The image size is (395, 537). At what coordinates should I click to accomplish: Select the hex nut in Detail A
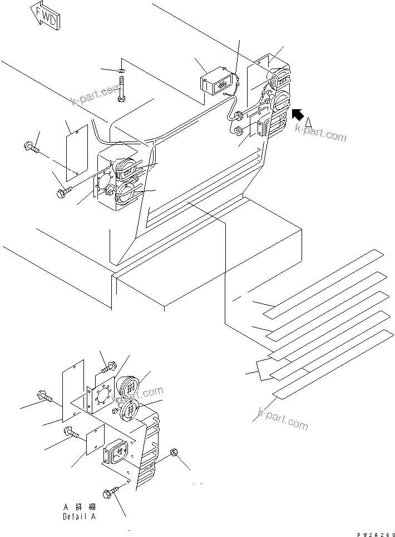[x=174, y=452]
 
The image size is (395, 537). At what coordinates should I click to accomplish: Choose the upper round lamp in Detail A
[x=129, y=388]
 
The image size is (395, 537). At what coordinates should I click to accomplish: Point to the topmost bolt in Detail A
[x=109, y=367]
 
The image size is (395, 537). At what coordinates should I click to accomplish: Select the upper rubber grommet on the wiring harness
[x=237, y=116]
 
